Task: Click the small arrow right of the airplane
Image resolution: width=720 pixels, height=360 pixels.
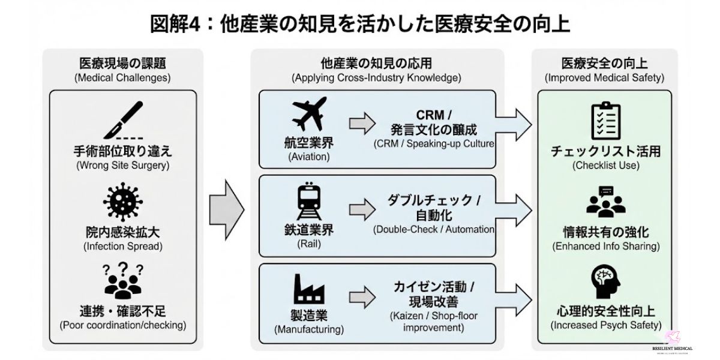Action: pos(361,123)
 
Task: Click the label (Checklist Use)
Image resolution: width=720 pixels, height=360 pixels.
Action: pos(605,166)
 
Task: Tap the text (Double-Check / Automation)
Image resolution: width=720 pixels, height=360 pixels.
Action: pos(433,229)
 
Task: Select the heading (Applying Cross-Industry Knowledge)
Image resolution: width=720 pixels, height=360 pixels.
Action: pos(376,78)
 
